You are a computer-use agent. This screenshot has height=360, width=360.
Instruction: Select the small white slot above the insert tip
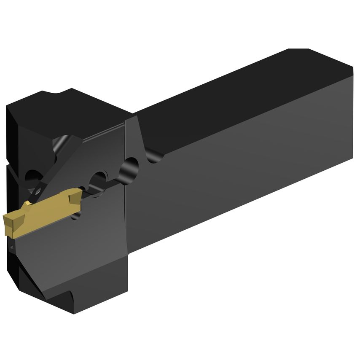[x=36, y=191]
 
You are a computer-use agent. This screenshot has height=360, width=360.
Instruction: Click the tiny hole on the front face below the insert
[x=11, y=247]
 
